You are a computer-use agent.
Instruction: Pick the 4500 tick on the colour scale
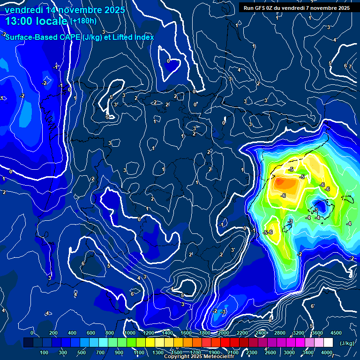pyautogui.click(x=336, y=333)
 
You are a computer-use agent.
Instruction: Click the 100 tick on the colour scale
pyautogui.click(x=44, y=352)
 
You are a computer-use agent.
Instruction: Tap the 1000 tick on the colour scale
pyautogui.click(x=129, y=333)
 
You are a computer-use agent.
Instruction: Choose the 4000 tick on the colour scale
pyautogui.click(x=327, y=352)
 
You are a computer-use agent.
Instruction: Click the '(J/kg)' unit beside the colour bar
pyautogui.click(x=346, y=343)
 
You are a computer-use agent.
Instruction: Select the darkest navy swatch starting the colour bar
pyautogui.click(x=28, y=343)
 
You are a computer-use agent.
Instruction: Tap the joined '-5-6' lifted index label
pyautogui.click(x=268, y=232)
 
